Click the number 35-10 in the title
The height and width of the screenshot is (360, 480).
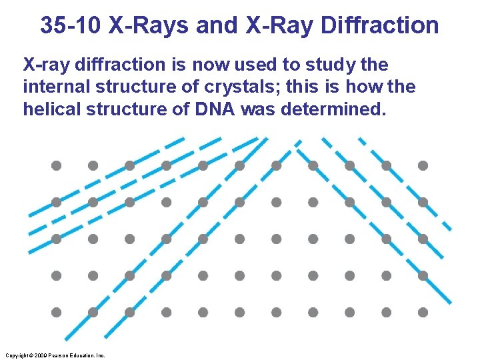tap(71, 25)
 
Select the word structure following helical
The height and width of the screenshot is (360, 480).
tap(124, 109)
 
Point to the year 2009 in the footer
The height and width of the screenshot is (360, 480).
tap(39, 355)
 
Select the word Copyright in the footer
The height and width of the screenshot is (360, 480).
tap(17, 355)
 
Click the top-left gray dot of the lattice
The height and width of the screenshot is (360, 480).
tap(57, 165)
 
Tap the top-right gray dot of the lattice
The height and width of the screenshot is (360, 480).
tap(423, 165)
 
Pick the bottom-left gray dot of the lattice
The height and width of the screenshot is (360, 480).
tap(57, 312)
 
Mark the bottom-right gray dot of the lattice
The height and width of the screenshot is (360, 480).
tap(423, 312)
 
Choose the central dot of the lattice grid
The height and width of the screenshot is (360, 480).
tap(239, 239)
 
